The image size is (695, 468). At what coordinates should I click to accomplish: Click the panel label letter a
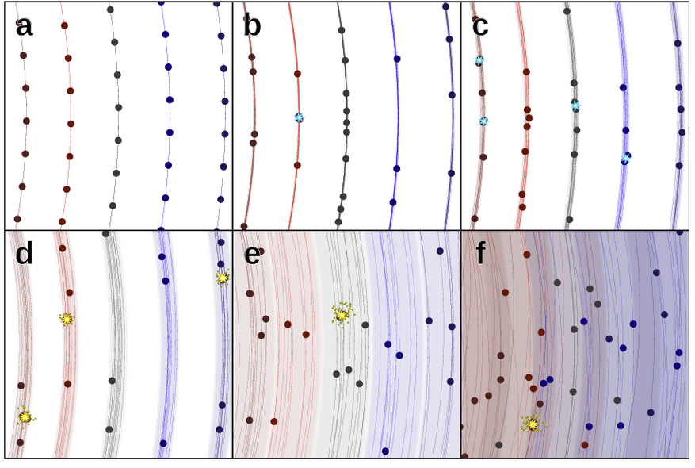(24, 26)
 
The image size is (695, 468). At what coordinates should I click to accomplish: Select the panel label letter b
(252, 26)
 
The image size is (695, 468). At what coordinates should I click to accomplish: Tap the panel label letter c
(480, 26)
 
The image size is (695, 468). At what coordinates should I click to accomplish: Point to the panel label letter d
(25, 254)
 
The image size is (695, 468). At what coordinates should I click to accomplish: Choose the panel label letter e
(252, 254)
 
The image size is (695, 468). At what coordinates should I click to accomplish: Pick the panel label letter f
(479, 254)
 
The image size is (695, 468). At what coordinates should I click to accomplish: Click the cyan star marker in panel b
(299, 117)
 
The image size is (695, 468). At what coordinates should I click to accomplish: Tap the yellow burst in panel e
(342, 314)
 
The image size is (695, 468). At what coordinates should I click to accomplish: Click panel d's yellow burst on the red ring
(67, 319)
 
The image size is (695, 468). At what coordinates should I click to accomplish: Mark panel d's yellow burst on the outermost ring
(223, 278)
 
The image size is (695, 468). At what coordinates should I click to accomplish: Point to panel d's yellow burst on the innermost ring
(25, 416)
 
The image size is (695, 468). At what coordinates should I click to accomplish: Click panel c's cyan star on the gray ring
(575, 105)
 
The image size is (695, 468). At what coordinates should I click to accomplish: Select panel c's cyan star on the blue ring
(625, 159)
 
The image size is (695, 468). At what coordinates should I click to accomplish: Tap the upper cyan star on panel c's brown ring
(479, 60)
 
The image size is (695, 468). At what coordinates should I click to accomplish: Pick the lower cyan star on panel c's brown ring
(483, 121)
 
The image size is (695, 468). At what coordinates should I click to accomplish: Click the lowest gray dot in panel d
(109, 429)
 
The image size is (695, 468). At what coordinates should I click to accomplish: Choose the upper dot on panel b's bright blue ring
(397, 59)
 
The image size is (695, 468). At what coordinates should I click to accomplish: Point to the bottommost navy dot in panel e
(385, 451)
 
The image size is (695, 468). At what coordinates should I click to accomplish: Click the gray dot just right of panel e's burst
(365, 325)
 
